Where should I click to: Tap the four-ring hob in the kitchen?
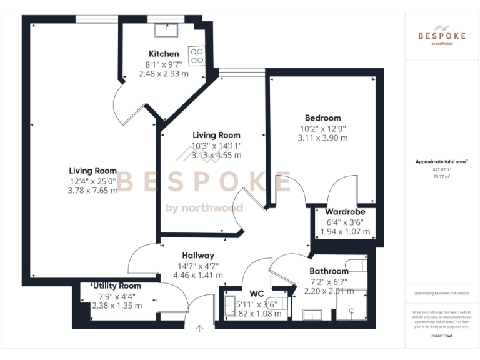click(197, 56)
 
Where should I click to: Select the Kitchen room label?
click(164, 54)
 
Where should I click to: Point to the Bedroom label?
click(322, 117)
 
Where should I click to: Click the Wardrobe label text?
click(345, 212)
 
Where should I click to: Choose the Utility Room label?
click(117, 286)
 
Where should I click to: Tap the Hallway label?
click(198, 255)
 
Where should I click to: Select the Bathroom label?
click(329, 271)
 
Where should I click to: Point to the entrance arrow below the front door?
click(200, 328)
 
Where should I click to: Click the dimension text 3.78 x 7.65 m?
click(92, 191)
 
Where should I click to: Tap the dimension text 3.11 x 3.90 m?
click(322, 137)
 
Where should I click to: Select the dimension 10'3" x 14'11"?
click(216, 146)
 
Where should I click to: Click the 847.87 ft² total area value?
click(441, 169)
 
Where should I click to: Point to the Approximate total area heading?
click(441, 161)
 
